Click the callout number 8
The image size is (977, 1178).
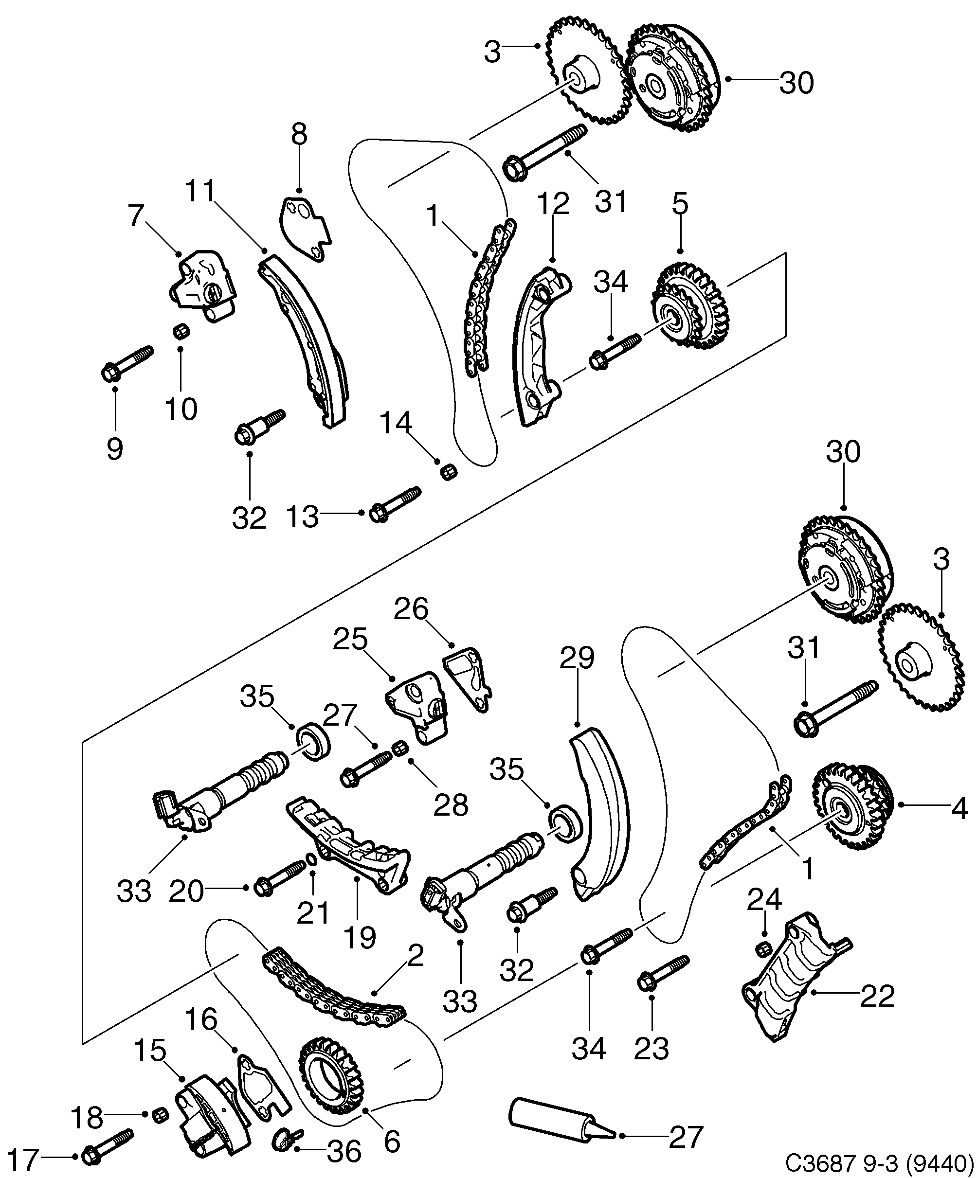coord(299,135)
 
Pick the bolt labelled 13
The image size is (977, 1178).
coord(395,504)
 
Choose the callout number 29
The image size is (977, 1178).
coord(577,658)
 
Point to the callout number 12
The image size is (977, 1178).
coord(553,204)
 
